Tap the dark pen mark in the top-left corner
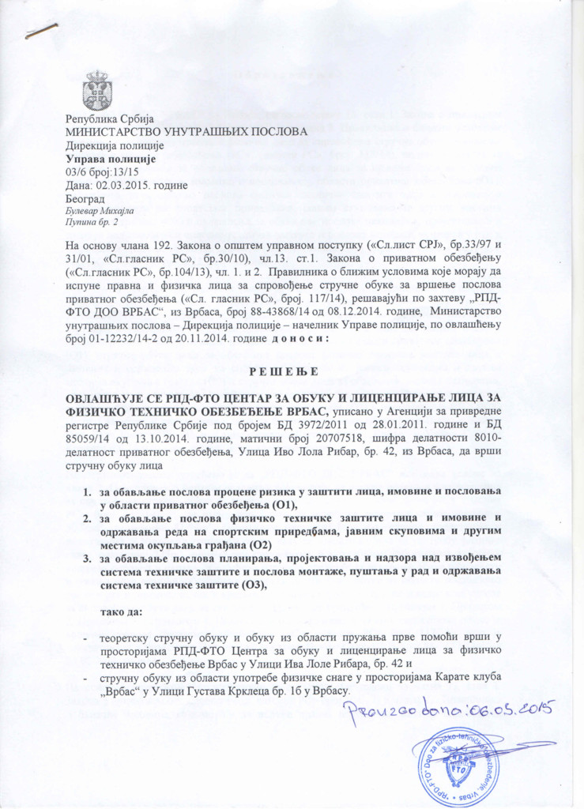41,32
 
